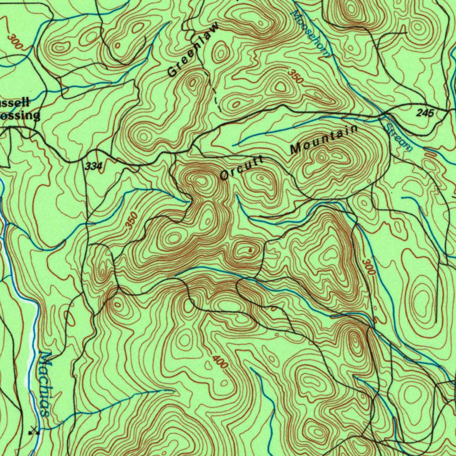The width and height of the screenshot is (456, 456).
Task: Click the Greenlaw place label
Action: coord(194,50)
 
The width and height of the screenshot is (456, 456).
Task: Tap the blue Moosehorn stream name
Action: coord(311,33)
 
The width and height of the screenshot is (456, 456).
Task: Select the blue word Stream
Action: coord(398,138)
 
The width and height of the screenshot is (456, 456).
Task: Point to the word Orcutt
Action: coord(242,168)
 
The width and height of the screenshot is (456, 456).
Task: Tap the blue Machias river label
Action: coord(45,383)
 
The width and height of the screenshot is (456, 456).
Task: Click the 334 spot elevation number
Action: coord(93,167)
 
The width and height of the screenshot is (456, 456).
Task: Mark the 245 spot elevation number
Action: coord(425,113)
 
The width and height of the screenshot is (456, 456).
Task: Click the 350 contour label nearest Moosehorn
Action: coord(295,76)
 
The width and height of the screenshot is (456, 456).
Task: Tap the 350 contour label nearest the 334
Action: coord(132,221)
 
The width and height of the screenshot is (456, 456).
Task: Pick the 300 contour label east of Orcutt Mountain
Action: coord(369,266)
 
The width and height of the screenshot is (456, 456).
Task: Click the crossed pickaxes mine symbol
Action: coord(34,430)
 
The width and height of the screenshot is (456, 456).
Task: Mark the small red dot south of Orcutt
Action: coord(250,250)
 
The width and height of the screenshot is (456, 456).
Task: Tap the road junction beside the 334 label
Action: coord(85,160)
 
